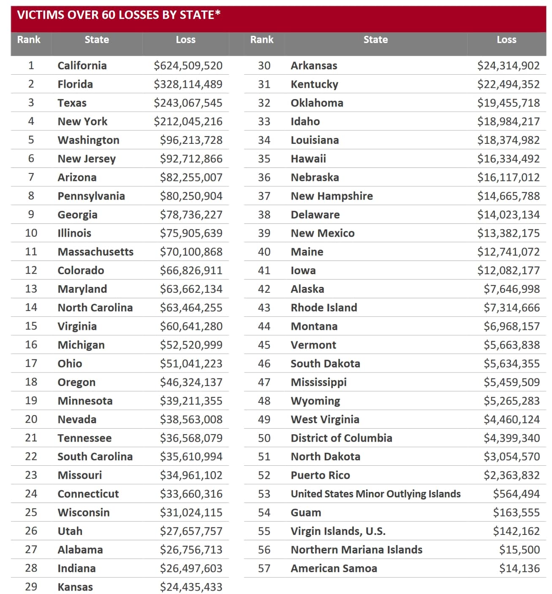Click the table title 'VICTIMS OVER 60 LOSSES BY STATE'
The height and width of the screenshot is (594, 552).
tap(119, 15)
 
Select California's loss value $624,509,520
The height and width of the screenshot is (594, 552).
tap(188, 66)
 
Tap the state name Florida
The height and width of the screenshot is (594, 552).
tap(75, 84)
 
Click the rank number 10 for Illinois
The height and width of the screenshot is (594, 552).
tap(31, 233)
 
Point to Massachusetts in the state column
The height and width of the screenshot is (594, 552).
tap(95, 252)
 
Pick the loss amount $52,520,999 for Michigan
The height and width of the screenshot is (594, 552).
tap(191, 345)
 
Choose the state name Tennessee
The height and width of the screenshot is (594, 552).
tap(84, 438)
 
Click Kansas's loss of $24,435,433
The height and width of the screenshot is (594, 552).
tap(191, 587)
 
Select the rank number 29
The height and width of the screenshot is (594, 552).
tap(31, 587)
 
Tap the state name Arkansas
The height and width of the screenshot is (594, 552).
tap(314, 66)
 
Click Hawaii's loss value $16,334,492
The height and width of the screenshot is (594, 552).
tap(508, 159)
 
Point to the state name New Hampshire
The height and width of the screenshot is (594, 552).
tap(332, 196)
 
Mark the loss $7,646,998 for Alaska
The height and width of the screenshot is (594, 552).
tap(511, 289)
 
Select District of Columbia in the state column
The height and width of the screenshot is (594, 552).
tap(341, 438)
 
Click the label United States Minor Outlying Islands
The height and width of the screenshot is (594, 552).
tap(375, 494)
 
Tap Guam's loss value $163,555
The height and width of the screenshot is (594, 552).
tap(516, 513)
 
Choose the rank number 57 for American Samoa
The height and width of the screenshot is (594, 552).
tap(264, 569)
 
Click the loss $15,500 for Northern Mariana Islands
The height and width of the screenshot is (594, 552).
tap(519, 550)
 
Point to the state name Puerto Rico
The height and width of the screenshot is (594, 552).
tap(320, 475)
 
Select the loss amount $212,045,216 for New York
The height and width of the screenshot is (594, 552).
tap(188, 121)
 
